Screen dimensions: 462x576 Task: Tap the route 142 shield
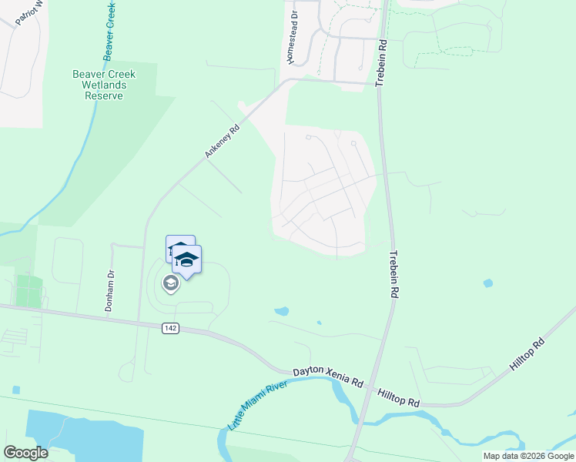[x=171, y=328]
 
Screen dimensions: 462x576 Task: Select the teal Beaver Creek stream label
[x=111, y=31]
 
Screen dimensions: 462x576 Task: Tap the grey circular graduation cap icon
[x=170, y=284]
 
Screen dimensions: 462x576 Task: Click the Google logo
[x=25, y=453]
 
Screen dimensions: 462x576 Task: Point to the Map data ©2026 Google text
[x=528, y=456]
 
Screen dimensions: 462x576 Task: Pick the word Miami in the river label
[x=260, y=404]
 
